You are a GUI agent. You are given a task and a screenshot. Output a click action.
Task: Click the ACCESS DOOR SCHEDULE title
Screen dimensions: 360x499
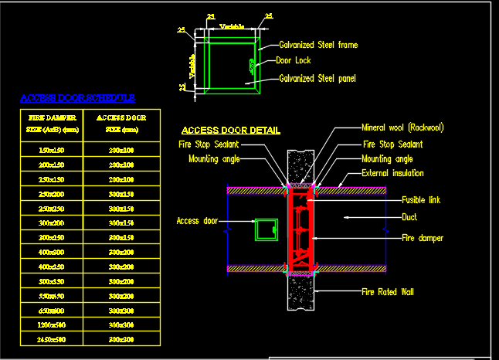click(x=77, y=98)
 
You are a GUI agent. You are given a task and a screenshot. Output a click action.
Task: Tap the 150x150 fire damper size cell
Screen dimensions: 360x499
click(x=52, y=149)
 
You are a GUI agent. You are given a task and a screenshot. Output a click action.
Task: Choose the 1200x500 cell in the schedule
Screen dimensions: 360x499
click(x=52, y=324)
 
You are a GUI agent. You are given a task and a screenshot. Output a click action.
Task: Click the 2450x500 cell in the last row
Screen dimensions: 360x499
click(x=52, y=339)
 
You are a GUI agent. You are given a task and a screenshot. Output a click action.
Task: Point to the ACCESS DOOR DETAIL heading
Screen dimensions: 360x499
click(x=231, y=131)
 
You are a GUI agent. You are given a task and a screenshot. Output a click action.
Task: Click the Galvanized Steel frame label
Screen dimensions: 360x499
click(x=318, y=45)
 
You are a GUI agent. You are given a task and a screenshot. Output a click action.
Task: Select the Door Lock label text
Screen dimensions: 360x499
click(x=294, y=59)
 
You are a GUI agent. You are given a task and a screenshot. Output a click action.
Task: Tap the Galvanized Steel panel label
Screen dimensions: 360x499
click(x=317, y=78)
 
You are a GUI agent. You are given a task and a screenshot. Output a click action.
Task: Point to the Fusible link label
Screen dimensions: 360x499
click(x=421, y=200)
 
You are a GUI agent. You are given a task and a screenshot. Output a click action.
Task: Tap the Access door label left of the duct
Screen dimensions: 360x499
click(x=198, y=220)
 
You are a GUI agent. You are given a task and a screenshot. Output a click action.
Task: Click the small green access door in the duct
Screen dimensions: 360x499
click(x=267, y=229)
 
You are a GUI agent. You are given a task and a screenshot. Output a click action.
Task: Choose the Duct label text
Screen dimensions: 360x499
click(x=409, y=218)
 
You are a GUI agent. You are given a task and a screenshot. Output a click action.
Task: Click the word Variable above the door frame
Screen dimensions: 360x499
click(x=232, y=26)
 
